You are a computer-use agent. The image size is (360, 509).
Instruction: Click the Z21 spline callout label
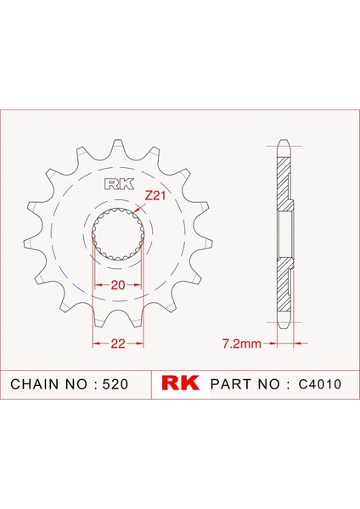[155, 196]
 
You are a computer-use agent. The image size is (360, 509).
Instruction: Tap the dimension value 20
[118, 285]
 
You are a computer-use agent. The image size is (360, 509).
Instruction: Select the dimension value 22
[118, 343]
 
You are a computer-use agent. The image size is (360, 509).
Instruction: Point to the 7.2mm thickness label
[241, 343]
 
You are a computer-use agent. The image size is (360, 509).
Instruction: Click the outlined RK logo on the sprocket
[119, 184]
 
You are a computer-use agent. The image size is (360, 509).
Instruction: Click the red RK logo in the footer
[180, 383]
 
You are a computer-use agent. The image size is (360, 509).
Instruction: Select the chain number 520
[115, 384]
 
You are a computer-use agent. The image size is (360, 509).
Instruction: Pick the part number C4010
[320, 384]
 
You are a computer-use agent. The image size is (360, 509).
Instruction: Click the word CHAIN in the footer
[36, 384]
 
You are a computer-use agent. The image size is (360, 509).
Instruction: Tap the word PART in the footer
[232, 384]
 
